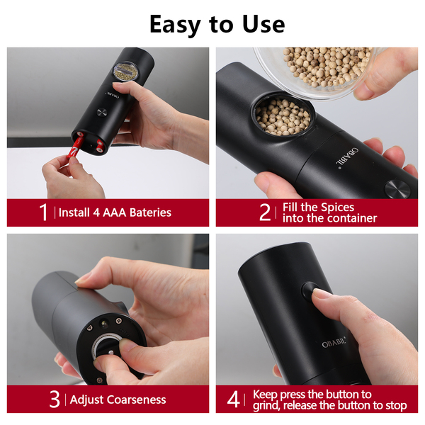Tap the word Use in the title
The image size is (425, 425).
click(x=263, y=24)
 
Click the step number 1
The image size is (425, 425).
click(x=43, y=212)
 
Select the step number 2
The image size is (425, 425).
click(x=265, y=212)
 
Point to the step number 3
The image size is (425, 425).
click(x=55, y=399)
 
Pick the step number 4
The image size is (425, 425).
click(x=233, y=399)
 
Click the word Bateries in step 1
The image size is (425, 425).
click(x=150, y=212)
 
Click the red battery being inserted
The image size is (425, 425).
click(x=74, y=148)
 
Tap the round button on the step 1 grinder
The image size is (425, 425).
click(x=102, y=112)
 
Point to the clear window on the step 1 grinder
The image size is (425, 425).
click(x=125, y=72)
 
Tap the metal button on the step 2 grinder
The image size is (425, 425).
click(x=397, y=189)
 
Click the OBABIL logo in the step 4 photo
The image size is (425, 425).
click(x=334, y=343)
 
